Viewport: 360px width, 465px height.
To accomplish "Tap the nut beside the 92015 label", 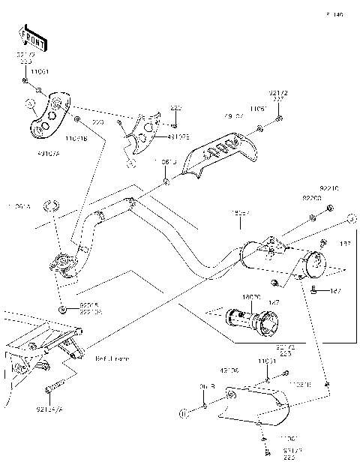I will pos(59,308).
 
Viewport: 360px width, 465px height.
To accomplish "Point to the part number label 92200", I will pos(311,199).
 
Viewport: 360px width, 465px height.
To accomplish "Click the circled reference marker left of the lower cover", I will pos(182,412).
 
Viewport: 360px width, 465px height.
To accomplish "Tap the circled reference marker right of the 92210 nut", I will pos(350,219).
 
